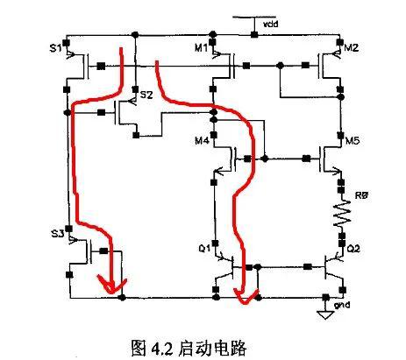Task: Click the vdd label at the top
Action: [x=271, y=24]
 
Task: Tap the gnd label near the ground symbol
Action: [x=342, y=305]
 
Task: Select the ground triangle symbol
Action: [x=325, y=315]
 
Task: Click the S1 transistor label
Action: [x=55, y=47]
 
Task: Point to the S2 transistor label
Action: [x=146, y=95]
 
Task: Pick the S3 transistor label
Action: [x=57, y=234]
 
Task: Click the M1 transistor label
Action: [x=201, y=47]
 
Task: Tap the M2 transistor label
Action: [x=352, y=47]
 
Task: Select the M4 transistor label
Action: [x=202, y=141]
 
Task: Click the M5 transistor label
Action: [x=353, y=141]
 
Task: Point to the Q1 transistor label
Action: [x=204, y=249]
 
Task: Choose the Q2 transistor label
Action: [x=353, y=249]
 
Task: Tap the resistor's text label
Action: [x=361, y=195]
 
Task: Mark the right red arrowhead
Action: [x=246, y=295]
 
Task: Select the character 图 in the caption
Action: [x=139, y=348]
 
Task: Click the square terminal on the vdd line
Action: [x=254, y=35]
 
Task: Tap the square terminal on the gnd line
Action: [x=325, y=297]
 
